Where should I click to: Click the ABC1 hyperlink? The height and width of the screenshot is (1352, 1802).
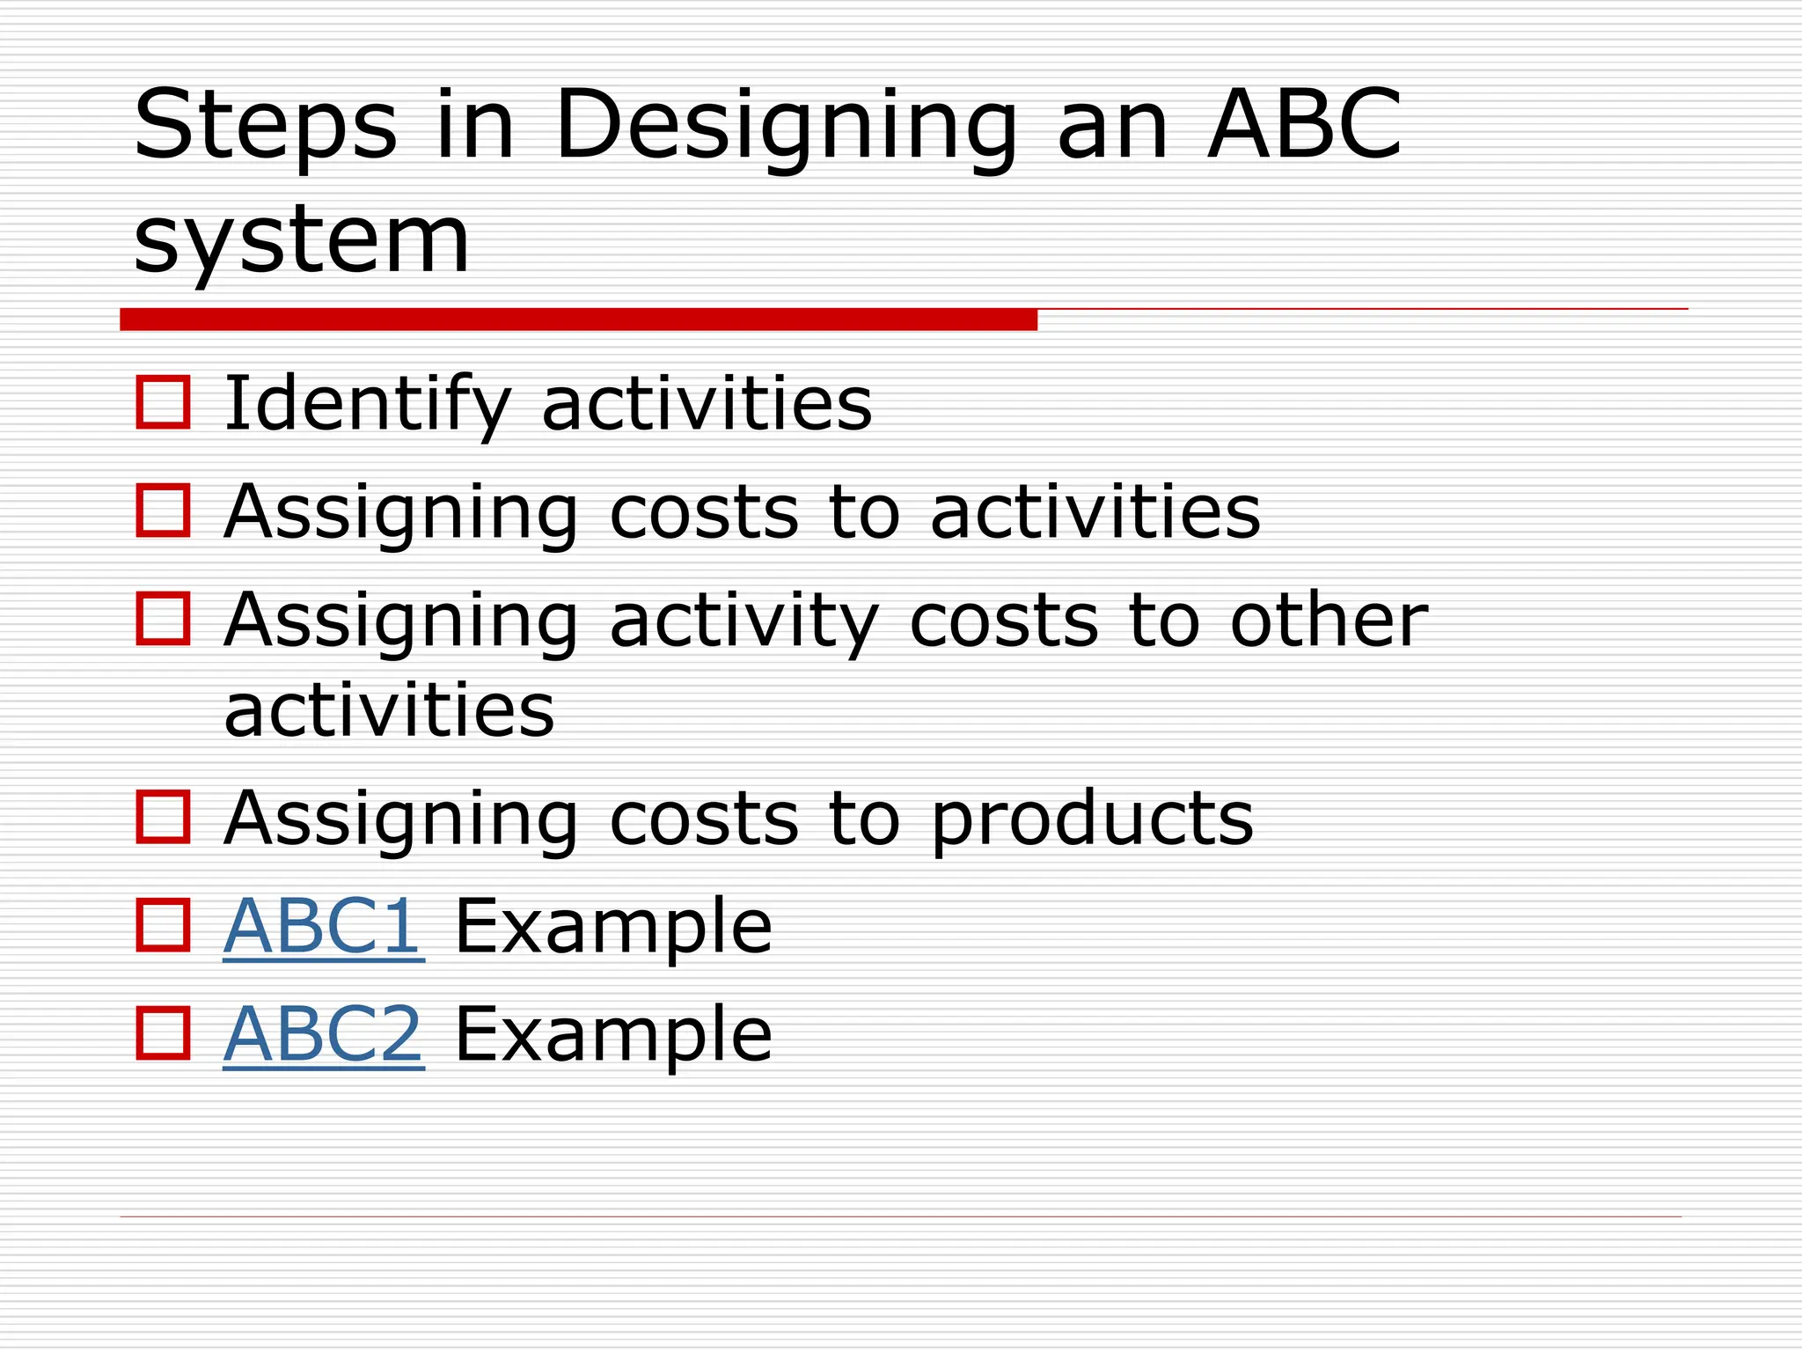click(323, 926)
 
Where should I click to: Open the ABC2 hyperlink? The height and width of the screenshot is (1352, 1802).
click(323, 1034)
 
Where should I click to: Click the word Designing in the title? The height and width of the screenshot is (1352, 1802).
click(785, 128)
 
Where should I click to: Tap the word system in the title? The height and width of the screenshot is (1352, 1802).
click(302, 240)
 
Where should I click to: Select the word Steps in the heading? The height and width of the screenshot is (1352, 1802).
click(265, 128)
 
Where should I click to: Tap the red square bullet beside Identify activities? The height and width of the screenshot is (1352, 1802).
click(164, 403)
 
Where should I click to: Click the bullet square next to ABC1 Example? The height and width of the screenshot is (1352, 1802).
click(164, 925)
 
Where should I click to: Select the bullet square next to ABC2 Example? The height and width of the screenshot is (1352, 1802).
click(164, 1033)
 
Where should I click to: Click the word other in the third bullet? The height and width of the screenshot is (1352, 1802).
click(1329, 621)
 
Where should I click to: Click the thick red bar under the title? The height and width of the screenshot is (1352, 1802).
click(578, 320)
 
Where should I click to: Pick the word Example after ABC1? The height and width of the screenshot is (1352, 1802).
click(613, 926)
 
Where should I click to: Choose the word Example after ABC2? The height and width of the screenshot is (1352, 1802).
click(613, 1034)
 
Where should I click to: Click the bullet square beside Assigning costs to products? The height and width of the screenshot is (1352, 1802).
click(164, 817)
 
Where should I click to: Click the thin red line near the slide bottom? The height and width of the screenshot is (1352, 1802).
click(900, 1216)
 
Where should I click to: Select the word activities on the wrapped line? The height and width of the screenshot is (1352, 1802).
click(389, 711)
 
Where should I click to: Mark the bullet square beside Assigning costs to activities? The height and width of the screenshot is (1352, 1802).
click(164, 511)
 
